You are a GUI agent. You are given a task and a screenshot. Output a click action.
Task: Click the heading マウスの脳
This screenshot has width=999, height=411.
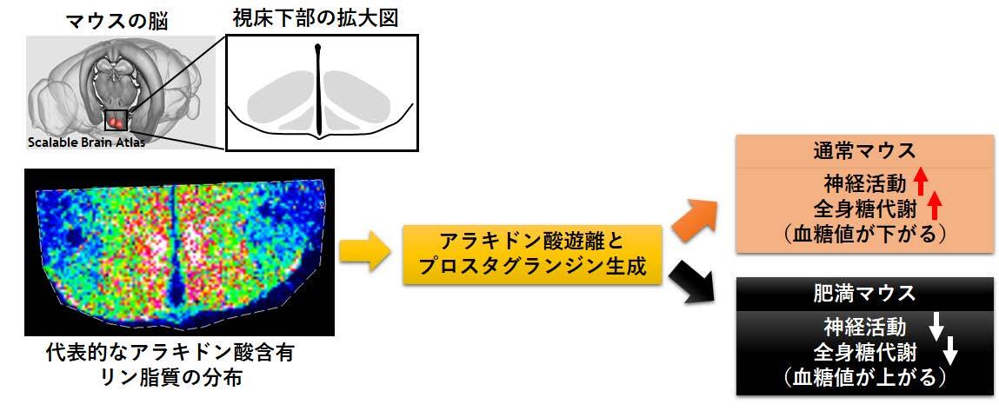tap(117, 22)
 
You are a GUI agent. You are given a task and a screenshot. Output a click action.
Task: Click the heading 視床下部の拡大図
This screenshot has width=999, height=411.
tap(315, 19)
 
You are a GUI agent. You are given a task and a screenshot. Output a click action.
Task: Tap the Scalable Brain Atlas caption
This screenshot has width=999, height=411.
tap(86, 143)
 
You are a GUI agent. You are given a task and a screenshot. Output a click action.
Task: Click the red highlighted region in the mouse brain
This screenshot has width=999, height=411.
tap(116, 120)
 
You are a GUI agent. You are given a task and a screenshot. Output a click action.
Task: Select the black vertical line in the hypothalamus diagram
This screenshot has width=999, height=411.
tap(318, 89)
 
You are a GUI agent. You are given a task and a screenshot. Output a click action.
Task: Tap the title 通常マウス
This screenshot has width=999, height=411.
tap(864, 151)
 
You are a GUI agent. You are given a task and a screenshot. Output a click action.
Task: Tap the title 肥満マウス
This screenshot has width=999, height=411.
tap(864, 294)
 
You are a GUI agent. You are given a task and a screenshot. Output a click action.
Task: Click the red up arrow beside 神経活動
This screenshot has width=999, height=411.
tap(920, 182)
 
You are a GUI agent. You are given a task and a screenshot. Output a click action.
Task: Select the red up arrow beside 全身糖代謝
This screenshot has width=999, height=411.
tap(935, 206)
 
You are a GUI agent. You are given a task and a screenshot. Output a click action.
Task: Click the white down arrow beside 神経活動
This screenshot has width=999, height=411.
tap(935, 327)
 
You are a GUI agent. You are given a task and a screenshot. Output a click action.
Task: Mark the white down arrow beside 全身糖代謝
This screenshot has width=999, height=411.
tap(950, 350)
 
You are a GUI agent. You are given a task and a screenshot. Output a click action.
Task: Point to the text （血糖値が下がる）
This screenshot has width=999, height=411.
tap(864, 233)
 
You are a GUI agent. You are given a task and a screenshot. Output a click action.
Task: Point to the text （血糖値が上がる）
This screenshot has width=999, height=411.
tap(864, 377)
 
